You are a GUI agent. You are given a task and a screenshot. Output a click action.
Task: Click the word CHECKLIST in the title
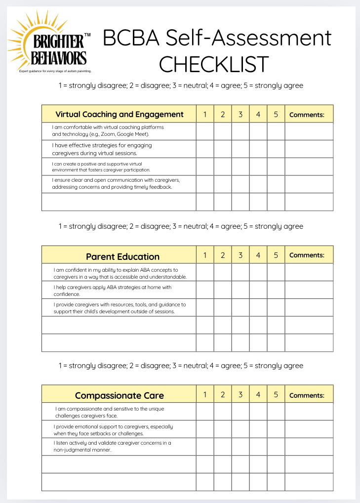pyautogui.click(x=214, y=64)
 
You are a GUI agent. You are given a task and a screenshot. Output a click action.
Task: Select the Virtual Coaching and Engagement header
pyautogui.click(x=119, y=114)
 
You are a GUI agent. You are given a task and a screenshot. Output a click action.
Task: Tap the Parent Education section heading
pyautogui.click(x=122, y=256)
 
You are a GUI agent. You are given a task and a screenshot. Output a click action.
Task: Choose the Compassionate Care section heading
pyautogui.click(x=119, y=395)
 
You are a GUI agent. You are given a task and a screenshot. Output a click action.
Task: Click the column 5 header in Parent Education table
pyautogui.click(x=276, y=255)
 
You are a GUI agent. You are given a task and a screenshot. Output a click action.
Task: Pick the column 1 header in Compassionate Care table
pyautogui.click(x=205, y=394)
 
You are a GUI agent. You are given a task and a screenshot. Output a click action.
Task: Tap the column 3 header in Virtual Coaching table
pyautogui.click(x=240, y=114)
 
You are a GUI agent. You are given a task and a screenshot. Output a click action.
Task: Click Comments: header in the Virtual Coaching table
pyautogui.click(x=307, y=115)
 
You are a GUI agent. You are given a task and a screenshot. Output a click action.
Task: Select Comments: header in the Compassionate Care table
pyautogui.click(x=307, y=395)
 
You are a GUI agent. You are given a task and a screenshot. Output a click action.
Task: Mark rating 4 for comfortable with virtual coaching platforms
pyautogui.click(x=258, y=131)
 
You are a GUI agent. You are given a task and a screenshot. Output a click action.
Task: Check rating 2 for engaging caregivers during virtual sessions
pyautogui.click(x=223, y=149)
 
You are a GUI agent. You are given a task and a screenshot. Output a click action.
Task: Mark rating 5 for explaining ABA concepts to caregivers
pyautogui.click(x=276, y=272)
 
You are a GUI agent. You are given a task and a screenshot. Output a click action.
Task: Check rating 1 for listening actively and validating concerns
pyautogui.click(x=205, y=447)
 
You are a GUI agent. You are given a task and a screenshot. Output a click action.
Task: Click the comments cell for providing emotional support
pyautogui.click(x=309, y=429)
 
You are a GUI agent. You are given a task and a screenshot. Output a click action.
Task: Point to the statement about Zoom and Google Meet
pyautogui.click(x=108, y=130)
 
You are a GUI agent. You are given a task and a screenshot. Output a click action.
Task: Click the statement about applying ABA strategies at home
pyautogui.click(x=112, y=291)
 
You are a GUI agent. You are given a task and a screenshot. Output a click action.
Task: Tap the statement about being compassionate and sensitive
pyautogui.click(x=110, y=412)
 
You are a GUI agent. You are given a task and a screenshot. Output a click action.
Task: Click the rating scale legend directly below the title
pyautogui.click(x=181, y=85)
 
